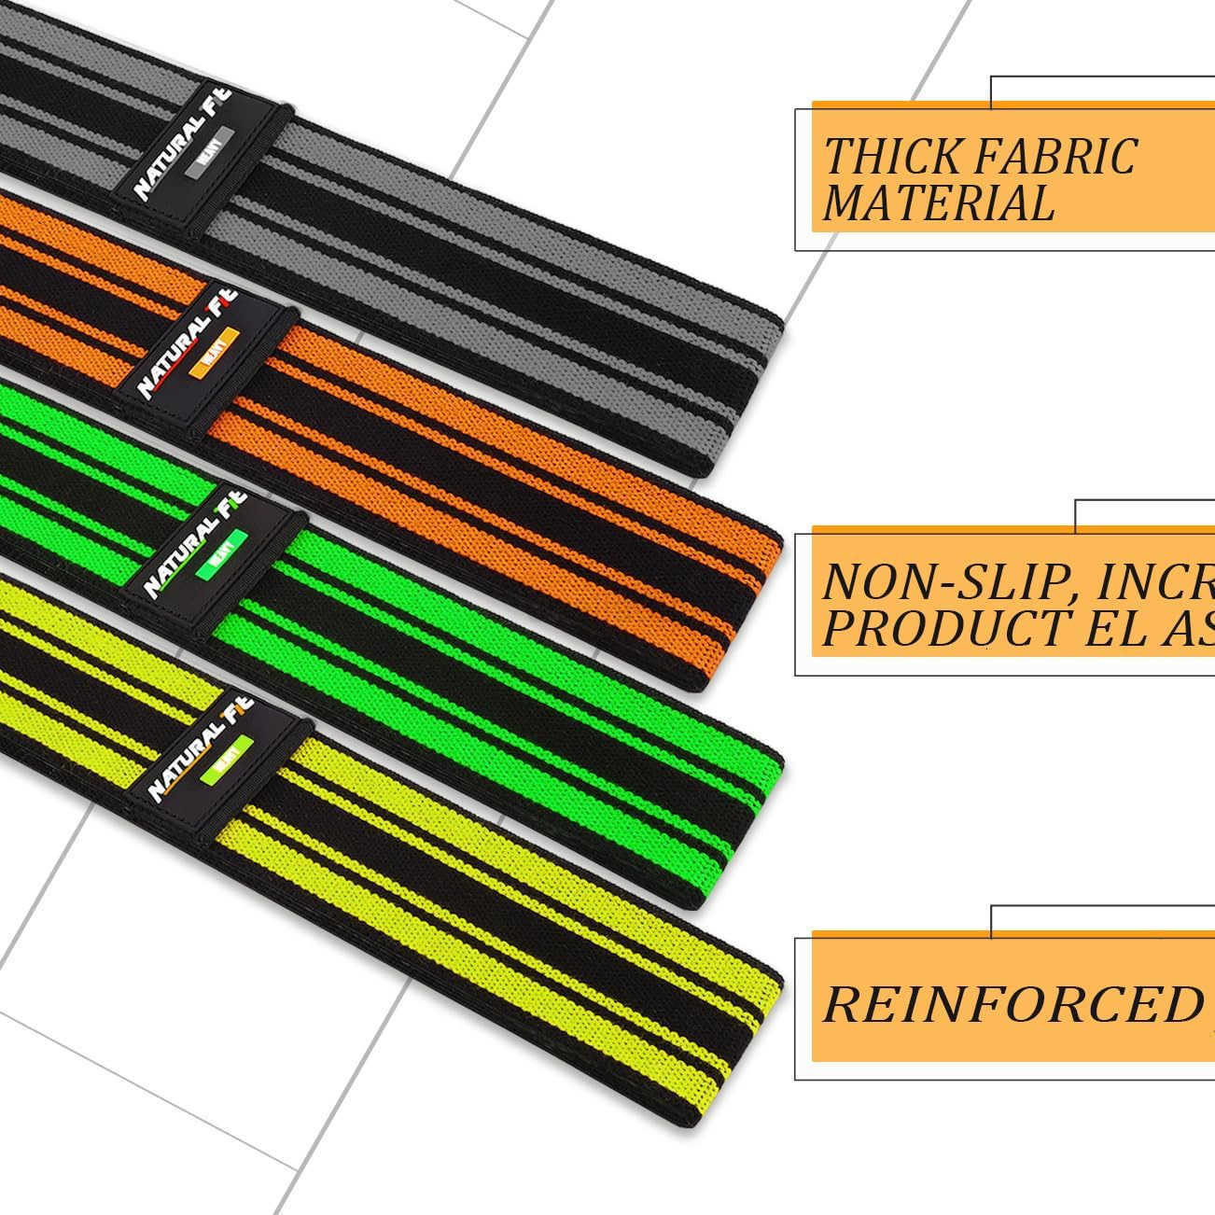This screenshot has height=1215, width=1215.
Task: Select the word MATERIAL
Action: click(x=938, y=202)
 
